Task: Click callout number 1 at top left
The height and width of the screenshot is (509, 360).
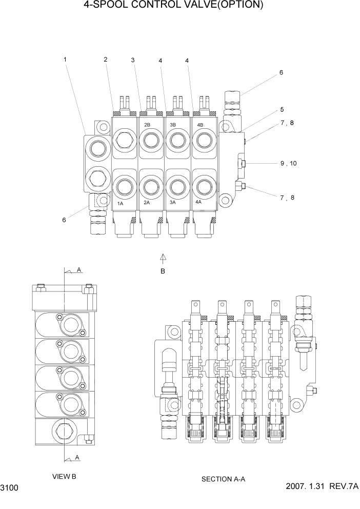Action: pyautogui.click(x=65, y=60)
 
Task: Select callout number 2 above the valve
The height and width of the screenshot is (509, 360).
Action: pyautogui.click(x=106, y=60)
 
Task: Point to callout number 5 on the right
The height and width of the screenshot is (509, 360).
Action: pyautogui.click(x=282, y=109)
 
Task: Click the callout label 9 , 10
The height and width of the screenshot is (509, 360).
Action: pyautogui.click(x=288, y=164)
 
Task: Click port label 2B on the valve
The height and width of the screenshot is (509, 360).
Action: pyautogui.click(x=147, y=125)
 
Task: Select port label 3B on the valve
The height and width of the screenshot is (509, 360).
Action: pyautogui.click(x=173, y=125)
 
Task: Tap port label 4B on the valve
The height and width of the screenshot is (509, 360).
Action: pyautogui.click(x=199, y=125)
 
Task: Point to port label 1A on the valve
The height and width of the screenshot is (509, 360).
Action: pyautogui.click(x=121, y=203)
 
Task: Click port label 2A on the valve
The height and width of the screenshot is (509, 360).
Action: pyautogui.click(x=147, y=203)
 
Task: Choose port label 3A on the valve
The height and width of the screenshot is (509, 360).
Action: pyautogui.click(x=173, y=203)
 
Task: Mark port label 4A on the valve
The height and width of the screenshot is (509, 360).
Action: pyautogui.click(x=199, y=203)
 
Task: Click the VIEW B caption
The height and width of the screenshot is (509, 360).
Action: pyautogui.click(x=64, y=477)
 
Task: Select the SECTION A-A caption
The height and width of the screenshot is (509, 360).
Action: pyautogui.click(x=224, y=479)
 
